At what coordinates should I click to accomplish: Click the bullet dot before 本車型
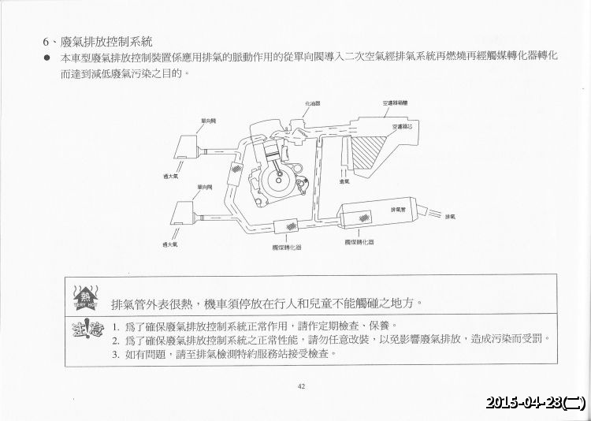coord(48,58)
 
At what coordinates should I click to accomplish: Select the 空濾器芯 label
coord(400,125)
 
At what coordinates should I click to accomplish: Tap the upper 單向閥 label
coord(208,120)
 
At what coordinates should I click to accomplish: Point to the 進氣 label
coord(344,182)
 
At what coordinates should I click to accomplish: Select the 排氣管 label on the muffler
coord(398,210)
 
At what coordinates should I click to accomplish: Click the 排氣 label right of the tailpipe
coord(450,216)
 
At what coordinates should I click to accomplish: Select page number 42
coord(301,386)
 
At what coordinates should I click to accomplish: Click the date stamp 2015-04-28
coord(536,403)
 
